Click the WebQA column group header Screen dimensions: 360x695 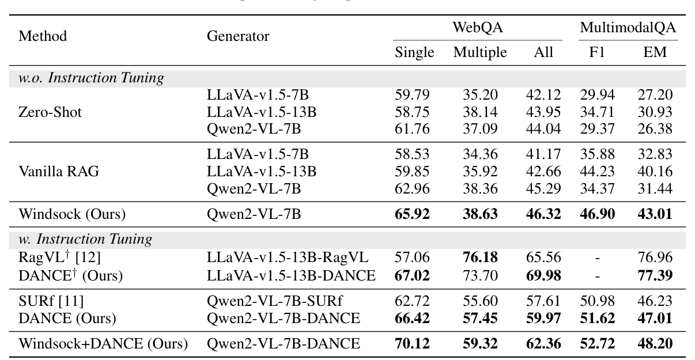tap(478, 28)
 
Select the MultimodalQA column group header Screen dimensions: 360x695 tap(628, 28)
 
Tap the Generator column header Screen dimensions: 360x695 tap(238, 36)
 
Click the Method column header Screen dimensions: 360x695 tap(43, 36)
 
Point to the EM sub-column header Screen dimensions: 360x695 tap(655, 52)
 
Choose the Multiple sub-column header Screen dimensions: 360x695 tap(479, 52)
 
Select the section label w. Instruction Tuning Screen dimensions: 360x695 tap(86, 238)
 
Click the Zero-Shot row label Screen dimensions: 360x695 tap(51, 112)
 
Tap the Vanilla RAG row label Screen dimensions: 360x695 tap(58, 171)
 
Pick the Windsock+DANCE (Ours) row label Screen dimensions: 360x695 tap(103, 344)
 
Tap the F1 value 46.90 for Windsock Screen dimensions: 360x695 tap(597, 215)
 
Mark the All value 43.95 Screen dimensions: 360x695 tap(543, 112)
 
